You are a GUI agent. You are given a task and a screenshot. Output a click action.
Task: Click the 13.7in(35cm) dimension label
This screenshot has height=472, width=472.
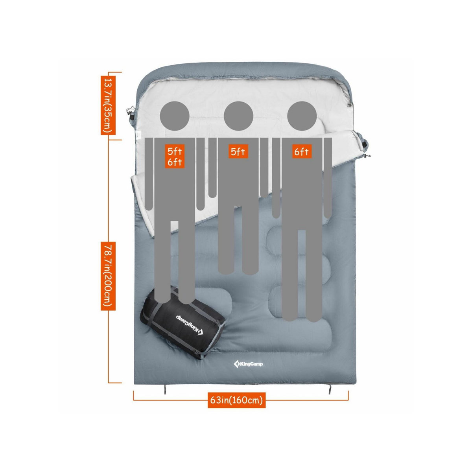pyautogui.click(x=107, y=106)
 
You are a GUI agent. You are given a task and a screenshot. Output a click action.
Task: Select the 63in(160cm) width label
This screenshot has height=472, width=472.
pyautogui.click(x=236, y=401)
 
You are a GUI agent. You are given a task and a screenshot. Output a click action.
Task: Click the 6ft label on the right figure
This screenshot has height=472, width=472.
pyautogui.click(x=302, y=151)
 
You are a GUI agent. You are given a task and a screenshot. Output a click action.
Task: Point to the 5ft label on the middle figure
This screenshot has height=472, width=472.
pyautogui.click(x=238, y=151)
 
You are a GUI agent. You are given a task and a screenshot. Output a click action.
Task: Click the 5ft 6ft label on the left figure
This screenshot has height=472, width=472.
pyautogui.click(x=175, y=157)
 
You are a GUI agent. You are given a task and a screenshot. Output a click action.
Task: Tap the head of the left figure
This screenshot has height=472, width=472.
pyautogui.click(x=175, y=116)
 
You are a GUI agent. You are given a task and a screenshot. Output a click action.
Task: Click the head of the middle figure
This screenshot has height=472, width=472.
pyautogui.click(x=238, y=116)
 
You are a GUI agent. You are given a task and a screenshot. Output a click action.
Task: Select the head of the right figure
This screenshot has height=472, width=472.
pyautogui.click(x=302, y=116)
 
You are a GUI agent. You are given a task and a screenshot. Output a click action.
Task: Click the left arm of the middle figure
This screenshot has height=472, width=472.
pyautogui.click(x=212, y=167)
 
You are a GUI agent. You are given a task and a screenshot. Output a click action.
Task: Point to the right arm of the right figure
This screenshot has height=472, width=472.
pyautogui.click(x=327, y=177)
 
